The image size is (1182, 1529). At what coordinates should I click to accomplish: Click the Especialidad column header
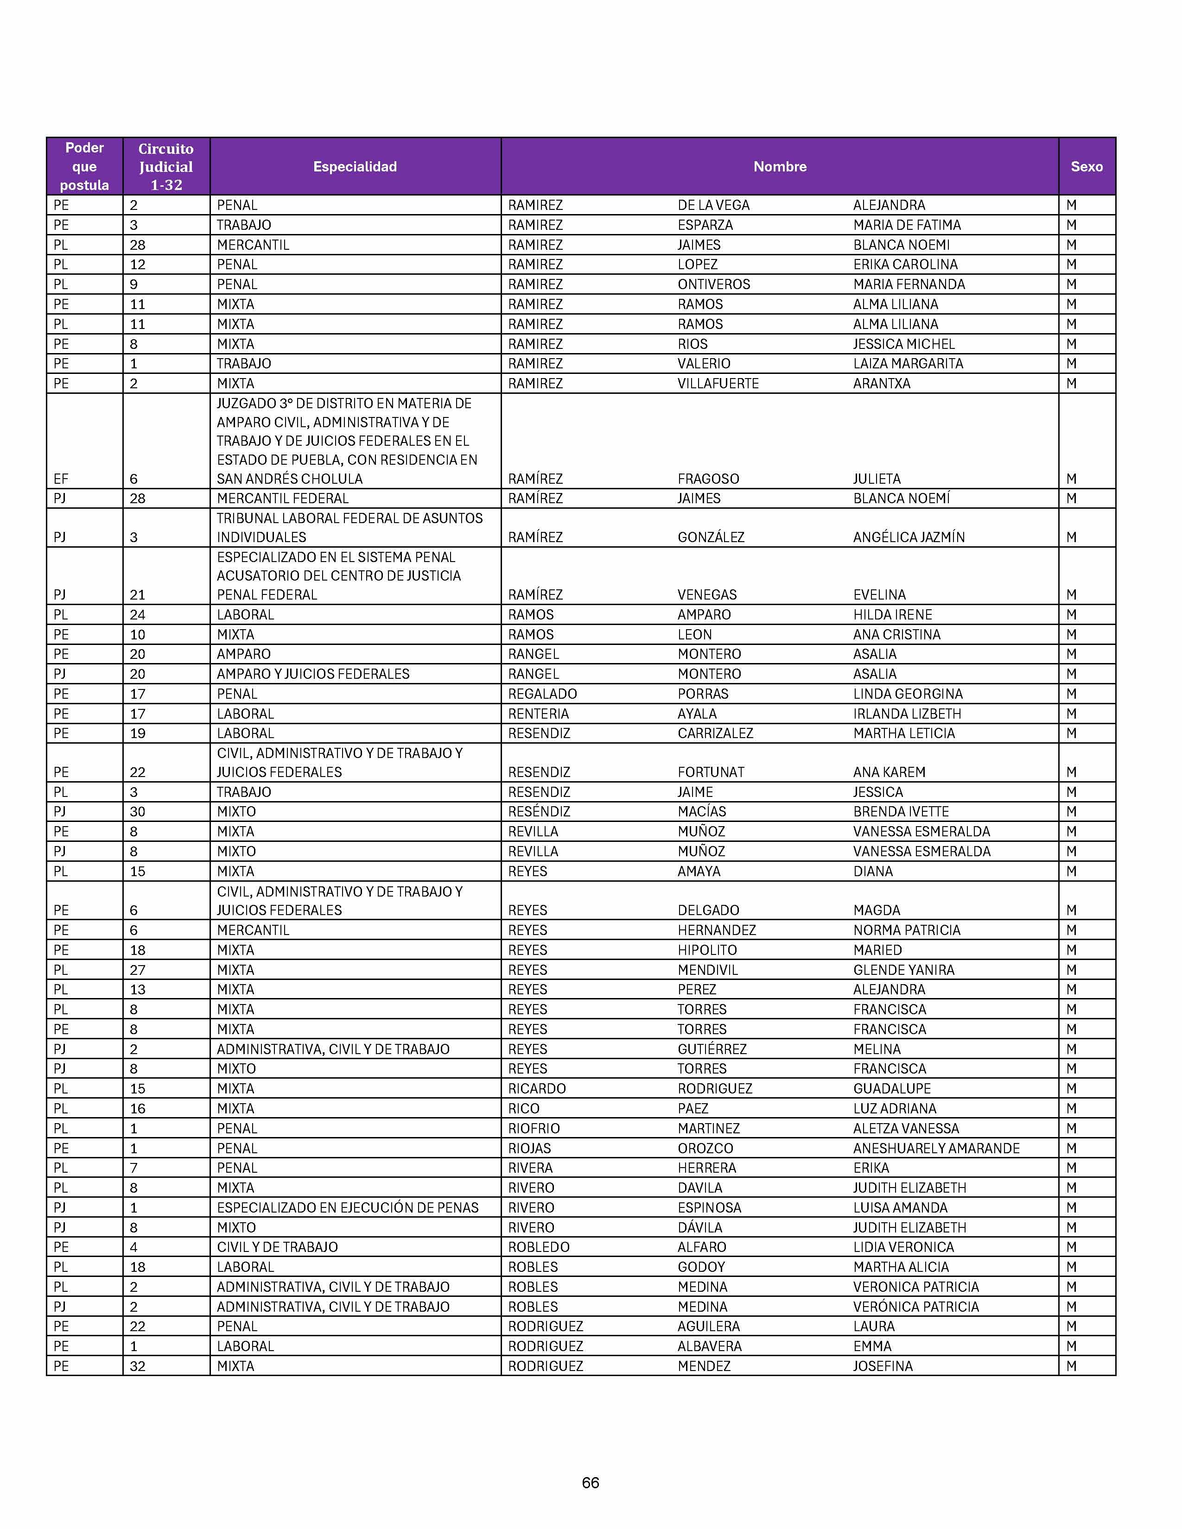click(355, 167)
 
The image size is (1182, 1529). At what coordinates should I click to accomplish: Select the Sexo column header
click(1086, 167)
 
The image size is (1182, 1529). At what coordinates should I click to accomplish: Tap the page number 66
click(590, 1483)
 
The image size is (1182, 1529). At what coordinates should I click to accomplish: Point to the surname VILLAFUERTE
click(718, 384)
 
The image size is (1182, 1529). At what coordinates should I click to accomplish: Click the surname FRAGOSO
click(708, 479)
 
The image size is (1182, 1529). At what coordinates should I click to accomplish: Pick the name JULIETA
click(877, 479)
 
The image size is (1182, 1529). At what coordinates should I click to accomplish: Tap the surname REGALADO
click(543, 694)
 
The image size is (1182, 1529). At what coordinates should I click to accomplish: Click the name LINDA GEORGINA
click(908, 694)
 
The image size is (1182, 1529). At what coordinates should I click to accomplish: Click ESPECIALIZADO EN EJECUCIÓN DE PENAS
click(347, 1207)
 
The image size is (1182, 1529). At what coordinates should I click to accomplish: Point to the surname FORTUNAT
click(711, 772)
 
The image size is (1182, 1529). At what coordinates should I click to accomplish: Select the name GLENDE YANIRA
click(903, 970)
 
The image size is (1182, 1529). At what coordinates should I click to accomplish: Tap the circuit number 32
click(137, 1366)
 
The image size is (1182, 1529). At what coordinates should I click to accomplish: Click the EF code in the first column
click(61, 479)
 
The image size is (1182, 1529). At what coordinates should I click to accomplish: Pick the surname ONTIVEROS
click(713, 284)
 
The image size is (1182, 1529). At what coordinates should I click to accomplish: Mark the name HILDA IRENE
click(892, 615)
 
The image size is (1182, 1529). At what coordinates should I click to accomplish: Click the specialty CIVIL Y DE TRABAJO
click(277, 1247)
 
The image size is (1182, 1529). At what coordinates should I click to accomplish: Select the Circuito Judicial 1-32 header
click(166, 167)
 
